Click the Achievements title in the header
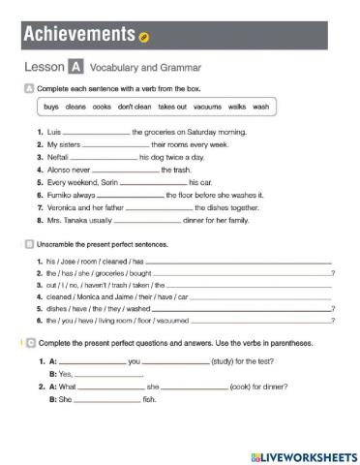point(77,35)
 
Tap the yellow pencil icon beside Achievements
point(144,38)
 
